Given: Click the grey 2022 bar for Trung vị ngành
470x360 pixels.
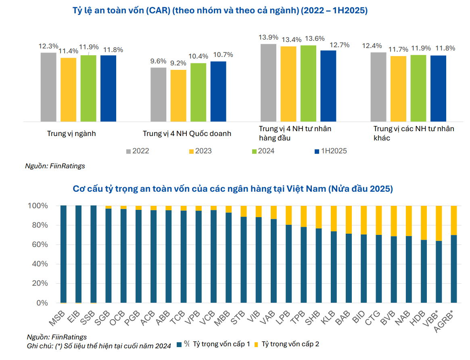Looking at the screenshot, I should (48, 87).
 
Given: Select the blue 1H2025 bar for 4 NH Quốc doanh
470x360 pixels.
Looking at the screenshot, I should (218, 91).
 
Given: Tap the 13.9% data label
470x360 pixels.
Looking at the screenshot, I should (268, 38).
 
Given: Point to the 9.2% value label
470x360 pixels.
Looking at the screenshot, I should (178, 63).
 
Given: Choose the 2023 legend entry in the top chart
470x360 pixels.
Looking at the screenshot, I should (200, 151).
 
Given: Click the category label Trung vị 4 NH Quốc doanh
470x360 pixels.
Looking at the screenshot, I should (187, 133).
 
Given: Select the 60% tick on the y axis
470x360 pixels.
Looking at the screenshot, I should (38, 245).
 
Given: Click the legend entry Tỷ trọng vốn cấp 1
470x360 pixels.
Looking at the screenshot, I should (221, 344).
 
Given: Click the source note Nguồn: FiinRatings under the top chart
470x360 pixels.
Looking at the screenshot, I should (55, 165).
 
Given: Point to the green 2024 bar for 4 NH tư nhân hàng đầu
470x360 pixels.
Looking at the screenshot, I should (308, 83).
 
